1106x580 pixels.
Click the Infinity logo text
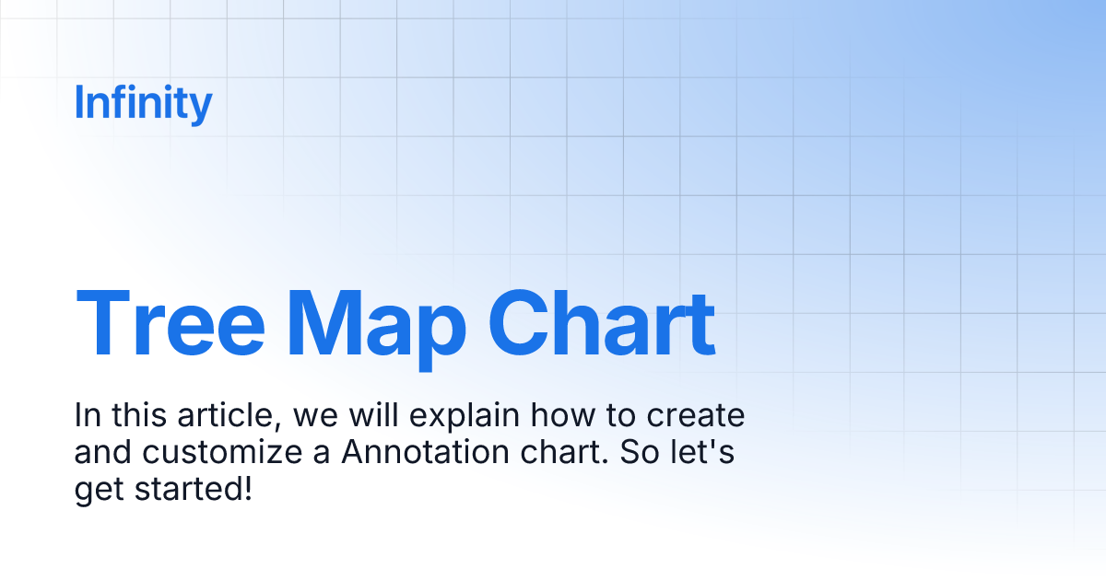click(x=143, y=103)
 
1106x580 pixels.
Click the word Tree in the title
click(x=171, y=323)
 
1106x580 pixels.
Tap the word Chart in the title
click(x=602, y=323)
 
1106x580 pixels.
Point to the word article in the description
click(x=229, y=415)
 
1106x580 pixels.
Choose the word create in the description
click(x=695, y=416)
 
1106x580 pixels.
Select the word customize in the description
click(x=222, y=453)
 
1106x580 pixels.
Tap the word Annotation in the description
click(x=425, y=452)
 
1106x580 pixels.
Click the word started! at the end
click(x=194, y=489)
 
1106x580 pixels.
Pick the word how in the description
click(x=563, y=415)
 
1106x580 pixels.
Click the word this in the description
click(x=139, y=415)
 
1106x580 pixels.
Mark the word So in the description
click(x=640, y=452)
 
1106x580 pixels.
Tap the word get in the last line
click(x=99, y=492)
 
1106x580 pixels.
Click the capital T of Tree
click(x=102, y=323)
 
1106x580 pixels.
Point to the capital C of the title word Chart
click(x=518, y=323)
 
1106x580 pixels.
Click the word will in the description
click(x=374, y=415)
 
